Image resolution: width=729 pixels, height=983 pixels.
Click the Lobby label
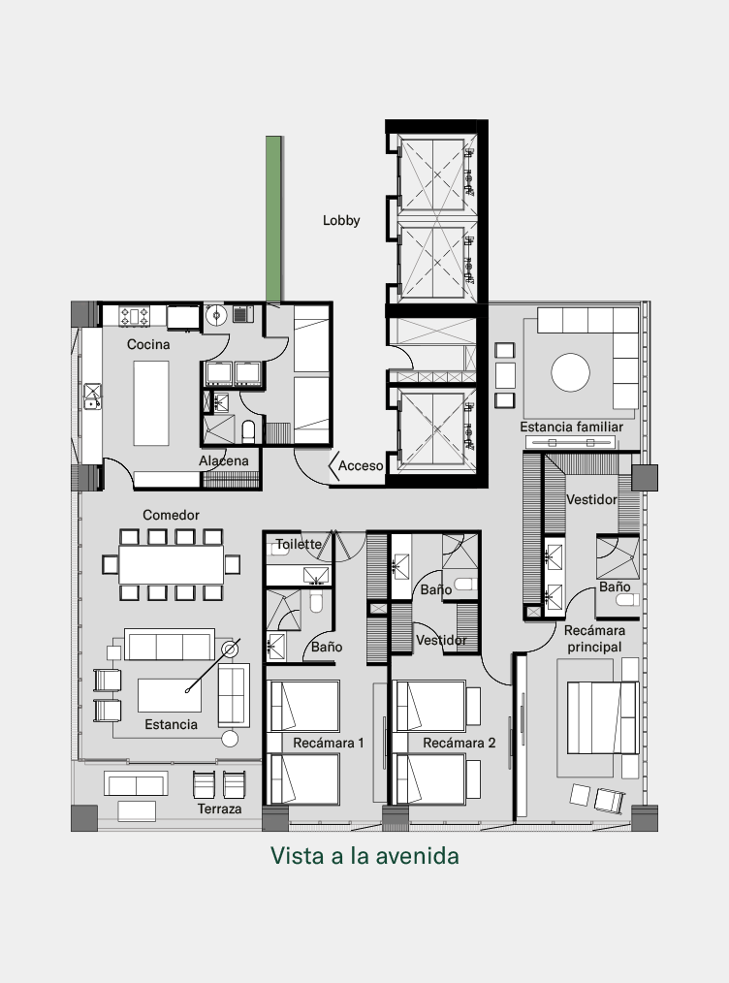pos(341,221)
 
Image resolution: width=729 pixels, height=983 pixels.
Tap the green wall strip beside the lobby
pos(273,219)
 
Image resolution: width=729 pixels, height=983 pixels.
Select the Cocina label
pos(148,344)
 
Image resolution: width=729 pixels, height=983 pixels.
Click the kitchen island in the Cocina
pos(151,403)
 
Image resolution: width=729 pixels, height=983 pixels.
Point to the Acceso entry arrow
pos(334,465)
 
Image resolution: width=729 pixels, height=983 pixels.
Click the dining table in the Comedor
pos(172,565)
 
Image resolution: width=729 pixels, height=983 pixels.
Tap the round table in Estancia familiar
pos(570,372)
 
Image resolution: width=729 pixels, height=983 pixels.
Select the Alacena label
pos(224,460)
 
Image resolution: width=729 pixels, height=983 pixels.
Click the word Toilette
pos(299,544)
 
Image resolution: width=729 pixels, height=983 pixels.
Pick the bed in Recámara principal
pos(602,717)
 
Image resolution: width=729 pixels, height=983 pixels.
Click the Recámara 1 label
pos(329,743)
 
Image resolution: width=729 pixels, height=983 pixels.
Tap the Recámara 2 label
pos(459,743)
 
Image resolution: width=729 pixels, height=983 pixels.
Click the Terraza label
pos(219,809)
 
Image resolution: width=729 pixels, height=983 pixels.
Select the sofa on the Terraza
pos(136,783)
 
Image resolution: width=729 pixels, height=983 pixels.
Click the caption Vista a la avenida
pos(364,856)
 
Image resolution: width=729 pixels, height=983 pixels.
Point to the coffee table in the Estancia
pos(170,695)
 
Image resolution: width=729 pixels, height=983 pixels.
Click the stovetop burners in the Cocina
pos(135,316)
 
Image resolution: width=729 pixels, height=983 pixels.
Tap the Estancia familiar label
pos(571,427)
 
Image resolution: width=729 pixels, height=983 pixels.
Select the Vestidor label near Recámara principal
pos(591,499)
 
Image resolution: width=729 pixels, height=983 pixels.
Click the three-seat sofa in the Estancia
pos(170,645)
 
